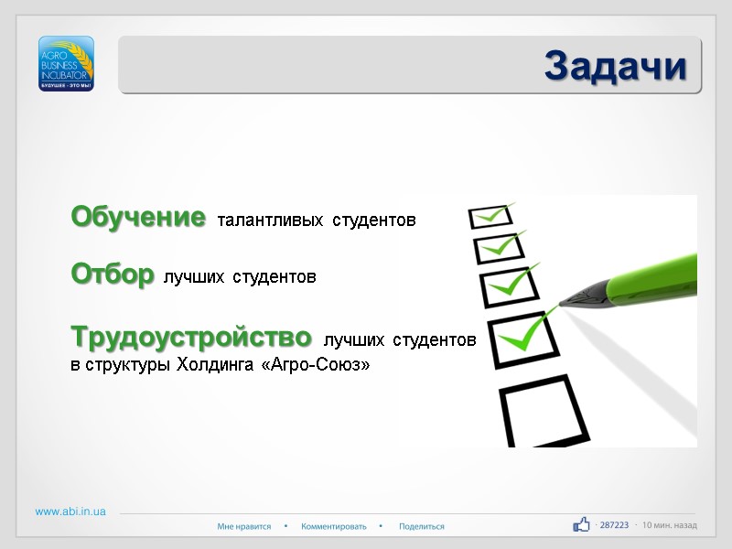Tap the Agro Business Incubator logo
coord(66,63)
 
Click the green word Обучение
coord(138,218)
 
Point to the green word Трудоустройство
coord(191,338)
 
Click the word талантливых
coord(269,221)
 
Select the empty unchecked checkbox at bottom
coord(542,411)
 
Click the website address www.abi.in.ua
coord(70,511)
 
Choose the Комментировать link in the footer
coord(333,526)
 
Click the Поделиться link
coord(422,526)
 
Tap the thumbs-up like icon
coord(581,524)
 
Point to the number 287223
coord(614,525)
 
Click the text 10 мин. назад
coord(670,525)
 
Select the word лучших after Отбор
coord(193,276)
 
